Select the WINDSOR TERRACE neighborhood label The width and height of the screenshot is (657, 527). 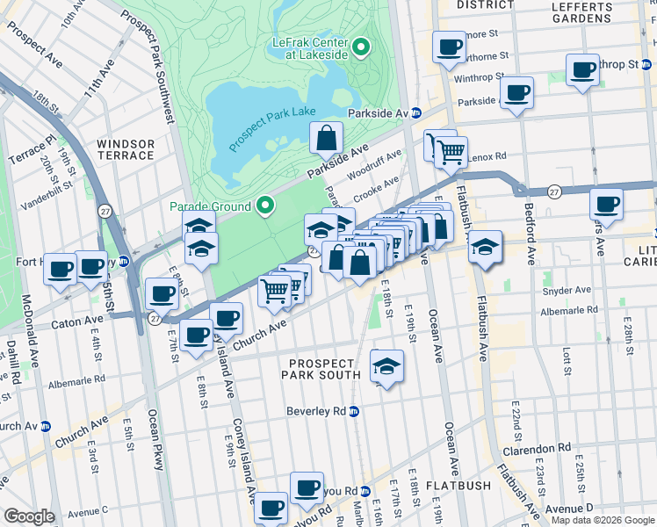point(126,149)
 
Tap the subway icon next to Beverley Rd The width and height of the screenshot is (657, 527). point(354,411)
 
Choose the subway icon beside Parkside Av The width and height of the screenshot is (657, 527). point(417,113)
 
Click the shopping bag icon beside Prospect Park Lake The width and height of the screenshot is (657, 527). point(326,139)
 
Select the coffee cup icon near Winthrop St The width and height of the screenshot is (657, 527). point(583,70)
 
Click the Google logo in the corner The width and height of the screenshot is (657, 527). point(29,516)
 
